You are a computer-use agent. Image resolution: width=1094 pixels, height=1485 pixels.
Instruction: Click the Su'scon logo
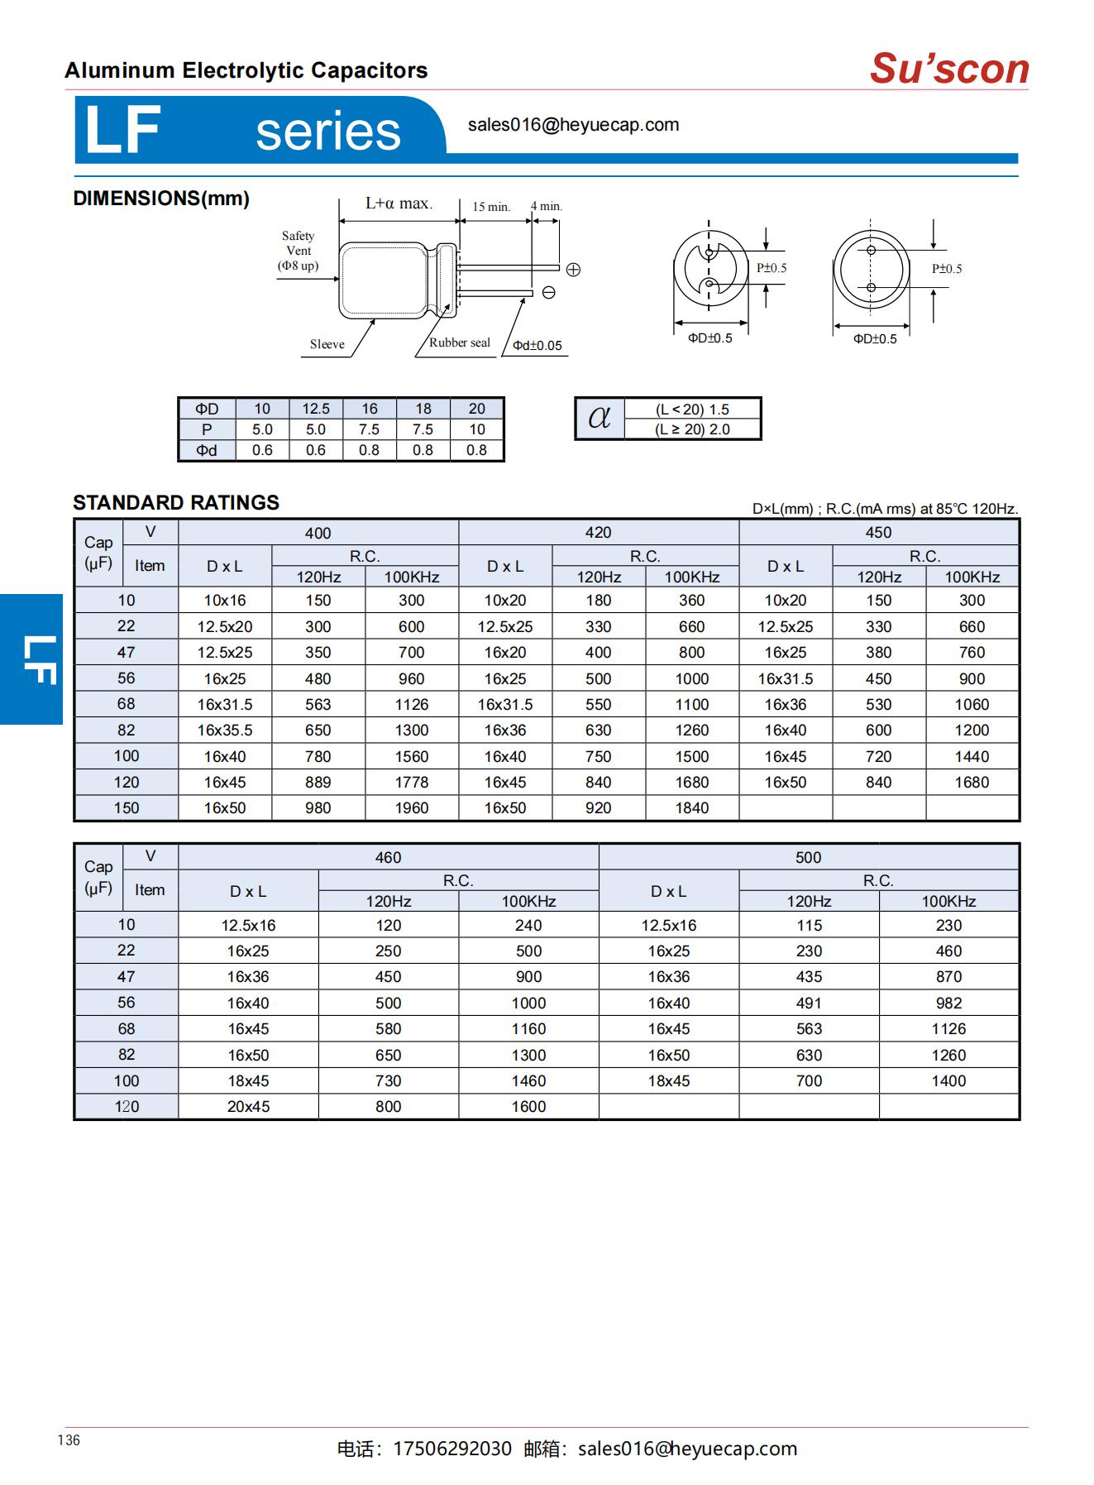click(x=948, y=69)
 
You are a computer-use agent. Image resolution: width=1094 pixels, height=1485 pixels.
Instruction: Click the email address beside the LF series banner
click(x=573, y=125)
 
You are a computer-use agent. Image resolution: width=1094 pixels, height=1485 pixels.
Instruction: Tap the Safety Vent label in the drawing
click(x=298, y=250)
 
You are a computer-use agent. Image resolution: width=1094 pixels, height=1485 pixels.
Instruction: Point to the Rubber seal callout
click(x=459, y=343)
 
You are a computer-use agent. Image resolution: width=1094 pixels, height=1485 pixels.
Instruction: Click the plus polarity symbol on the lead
click(x=573, y=270)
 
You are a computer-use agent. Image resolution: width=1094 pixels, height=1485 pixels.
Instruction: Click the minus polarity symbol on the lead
click(x=548, y=292)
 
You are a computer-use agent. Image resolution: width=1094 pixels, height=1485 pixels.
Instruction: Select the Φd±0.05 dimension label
click(x=537, y=346)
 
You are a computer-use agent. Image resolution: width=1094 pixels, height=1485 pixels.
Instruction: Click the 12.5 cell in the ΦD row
click(x=315, y=409)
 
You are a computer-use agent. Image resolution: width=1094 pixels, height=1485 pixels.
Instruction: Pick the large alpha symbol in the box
click(x=599, y=418)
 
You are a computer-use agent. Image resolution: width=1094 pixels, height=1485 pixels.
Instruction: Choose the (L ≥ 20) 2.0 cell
click(x=692, y=429)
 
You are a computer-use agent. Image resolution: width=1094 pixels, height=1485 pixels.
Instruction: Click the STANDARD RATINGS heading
click(x=176, y=503)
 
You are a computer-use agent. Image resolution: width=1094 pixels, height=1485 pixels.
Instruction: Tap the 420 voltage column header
click(x=598, y=533)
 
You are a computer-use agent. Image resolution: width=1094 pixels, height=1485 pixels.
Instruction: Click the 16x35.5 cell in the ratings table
click(x=224, y=730)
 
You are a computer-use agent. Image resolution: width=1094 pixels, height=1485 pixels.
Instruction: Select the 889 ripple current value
click(x=318, y=782)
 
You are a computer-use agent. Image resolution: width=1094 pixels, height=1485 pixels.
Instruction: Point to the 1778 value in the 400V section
click(x=411, y=782)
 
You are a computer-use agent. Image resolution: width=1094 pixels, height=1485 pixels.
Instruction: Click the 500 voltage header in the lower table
click(x=808, y=857)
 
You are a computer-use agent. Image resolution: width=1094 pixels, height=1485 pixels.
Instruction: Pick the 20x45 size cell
click(x=248, y=1106)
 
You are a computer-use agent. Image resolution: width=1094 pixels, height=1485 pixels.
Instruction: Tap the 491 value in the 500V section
click(x=809, y=1003)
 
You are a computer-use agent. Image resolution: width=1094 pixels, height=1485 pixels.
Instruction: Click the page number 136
click(x=69, y=1440)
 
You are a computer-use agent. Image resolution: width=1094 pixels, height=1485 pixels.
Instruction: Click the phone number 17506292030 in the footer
click(x=452, y=1449)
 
